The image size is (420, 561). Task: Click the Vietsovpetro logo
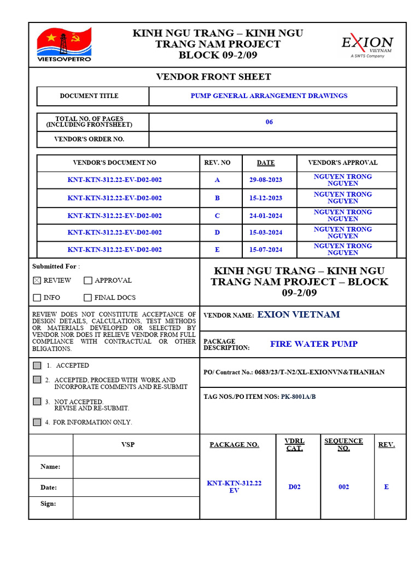(64, 44)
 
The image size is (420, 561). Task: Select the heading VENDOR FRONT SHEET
(214, 77)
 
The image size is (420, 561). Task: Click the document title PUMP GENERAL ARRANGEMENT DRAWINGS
(269, 96)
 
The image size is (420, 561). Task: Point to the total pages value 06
(269, 122)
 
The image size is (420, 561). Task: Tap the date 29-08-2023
(266, 180)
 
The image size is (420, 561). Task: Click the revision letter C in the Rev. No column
(217, 216)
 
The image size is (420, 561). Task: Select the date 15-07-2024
(266, 250)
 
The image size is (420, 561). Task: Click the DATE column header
(266, 163)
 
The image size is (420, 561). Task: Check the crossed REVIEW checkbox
(37, 280)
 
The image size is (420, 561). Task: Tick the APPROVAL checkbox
(88, 280)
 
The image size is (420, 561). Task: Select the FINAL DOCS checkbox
(88, 298)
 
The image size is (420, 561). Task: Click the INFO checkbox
(37, 298)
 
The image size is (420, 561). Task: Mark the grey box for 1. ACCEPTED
(37, 365)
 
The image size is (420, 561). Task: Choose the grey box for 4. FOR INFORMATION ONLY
(37, 422)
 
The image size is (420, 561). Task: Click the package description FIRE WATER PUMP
(314, 344)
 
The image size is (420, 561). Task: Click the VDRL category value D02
(294, 487)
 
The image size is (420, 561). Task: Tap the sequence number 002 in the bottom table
(343, 487)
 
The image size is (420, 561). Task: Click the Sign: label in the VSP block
(48, 503)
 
